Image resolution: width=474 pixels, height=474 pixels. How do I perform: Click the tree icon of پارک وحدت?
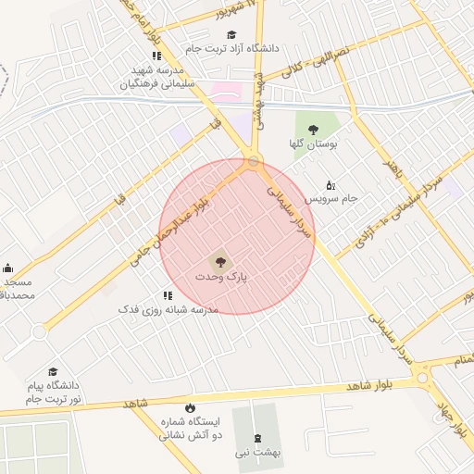coord(220,261)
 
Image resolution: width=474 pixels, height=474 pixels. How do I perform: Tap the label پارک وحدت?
coord(221,277)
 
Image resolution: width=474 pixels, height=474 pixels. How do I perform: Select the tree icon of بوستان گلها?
coord(314,130)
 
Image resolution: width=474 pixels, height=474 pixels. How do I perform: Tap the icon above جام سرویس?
coord(331,185)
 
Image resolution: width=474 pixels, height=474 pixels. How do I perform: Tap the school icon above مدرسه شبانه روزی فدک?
coord(168,295)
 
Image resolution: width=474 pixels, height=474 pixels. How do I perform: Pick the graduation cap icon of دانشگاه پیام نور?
coord(52,371)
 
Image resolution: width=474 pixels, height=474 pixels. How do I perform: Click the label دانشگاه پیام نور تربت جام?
coord(54,391)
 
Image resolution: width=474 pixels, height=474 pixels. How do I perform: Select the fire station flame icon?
coord(190,407)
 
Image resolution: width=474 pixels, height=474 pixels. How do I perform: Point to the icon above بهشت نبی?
coord(258,438)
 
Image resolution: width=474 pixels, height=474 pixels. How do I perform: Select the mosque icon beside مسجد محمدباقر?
coord(7,268)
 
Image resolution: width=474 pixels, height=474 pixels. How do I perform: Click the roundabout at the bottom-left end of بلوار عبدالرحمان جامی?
coord(39,331)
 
